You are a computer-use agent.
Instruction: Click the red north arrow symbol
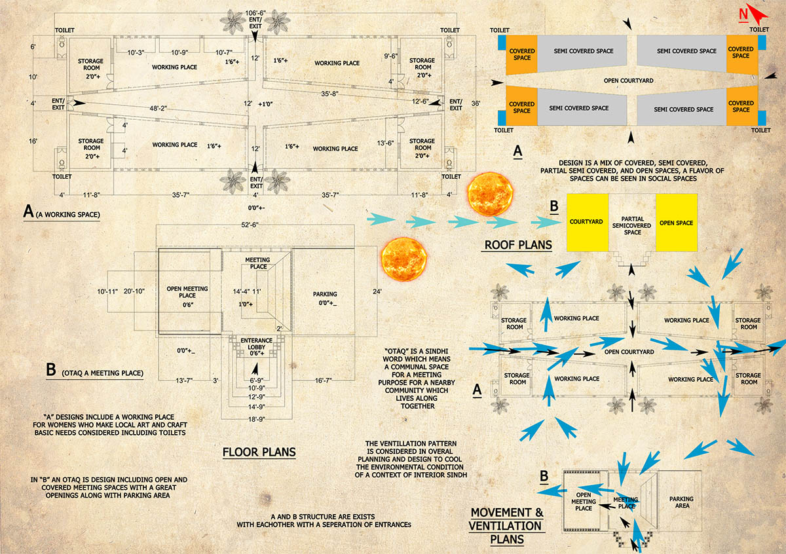(x=753, y=14)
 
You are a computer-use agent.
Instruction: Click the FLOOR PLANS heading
(x=259, y=452)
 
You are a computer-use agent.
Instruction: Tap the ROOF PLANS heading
(x=517, y=245)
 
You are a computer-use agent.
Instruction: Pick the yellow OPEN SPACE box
(x=677, y=222)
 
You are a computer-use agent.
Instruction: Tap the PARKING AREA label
(x=681, y=503)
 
